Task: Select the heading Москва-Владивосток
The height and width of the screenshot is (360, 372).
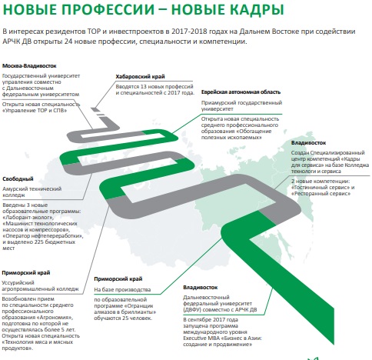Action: tap(29, 66)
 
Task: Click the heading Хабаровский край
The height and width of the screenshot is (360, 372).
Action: tap(140, 77)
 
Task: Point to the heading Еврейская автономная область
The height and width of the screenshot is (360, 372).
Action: tap(241, 92)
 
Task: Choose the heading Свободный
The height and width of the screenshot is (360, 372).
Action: tap(18, 179)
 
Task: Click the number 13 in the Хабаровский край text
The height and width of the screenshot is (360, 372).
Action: tap(143, 87)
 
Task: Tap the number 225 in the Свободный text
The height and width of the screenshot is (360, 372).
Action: tap(42, 242)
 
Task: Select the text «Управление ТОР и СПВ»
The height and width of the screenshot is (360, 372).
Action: tap(35, 111)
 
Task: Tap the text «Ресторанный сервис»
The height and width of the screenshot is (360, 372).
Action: tap(321, 194)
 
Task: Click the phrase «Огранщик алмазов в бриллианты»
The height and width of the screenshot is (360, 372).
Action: tap(125, 309)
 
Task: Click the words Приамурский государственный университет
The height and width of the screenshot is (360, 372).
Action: tap(241, 105)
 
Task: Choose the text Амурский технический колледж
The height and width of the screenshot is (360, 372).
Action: tap(32, 192)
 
